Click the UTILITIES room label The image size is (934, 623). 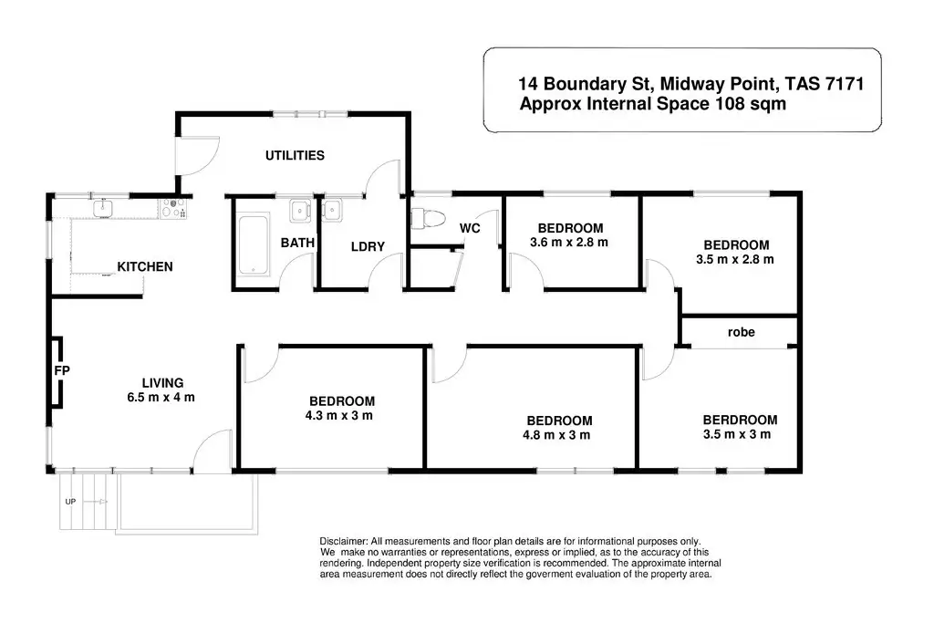click(x=295, y=156)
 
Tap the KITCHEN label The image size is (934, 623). click(x=145, y=267)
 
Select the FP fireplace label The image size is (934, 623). click(x=63, y=371)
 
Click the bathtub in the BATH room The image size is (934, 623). click(x=253, y=244)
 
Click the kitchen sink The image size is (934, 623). click(x=103, y=210)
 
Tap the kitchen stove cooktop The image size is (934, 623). click(x=173, y=210)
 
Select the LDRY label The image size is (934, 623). click(x=368, y=246)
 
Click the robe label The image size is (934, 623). click(x=741, y=332)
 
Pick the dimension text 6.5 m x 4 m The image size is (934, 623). click(x=163, y=397)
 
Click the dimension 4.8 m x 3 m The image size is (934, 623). click(x=559, y=435)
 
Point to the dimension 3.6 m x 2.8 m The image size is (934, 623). click(x=570, y=243)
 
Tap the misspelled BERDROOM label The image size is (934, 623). click(x=740, y=421)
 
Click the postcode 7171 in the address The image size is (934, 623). click(x=842, y=85)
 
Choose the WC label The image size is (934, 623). click(x=470, y=228)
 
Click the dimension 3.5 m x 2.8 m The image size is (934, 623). click(x=735, y=259)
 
